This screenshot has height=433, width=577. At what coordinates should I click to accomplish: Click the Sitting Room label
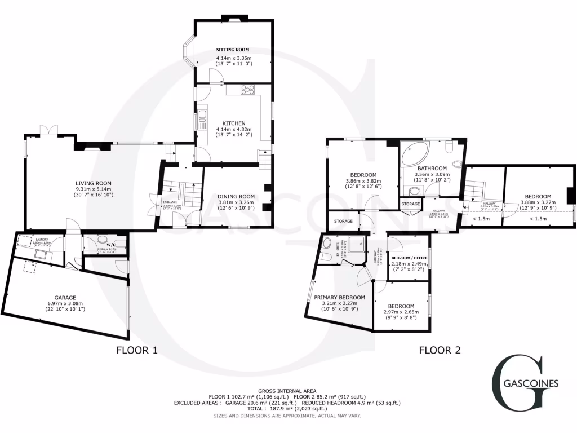tap(233, 50)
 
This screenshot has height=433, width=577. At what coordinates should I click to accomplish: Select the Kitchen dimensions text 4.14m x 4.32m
tap(234, 129)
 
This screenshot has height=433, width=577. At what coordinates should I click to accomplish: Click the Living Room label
tap(94, 183)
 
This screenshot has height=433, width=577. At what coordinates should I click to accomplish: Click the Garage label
tap(65, 297)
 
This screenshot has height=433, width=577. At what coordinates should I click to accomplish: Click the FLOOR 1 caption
tap(136, 350)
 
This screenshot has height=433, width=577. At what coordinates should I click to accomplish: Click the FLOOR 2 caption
tap(440, 350)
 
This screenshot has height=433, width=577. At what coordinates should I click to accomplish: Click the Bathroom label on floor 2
tap(432, 168)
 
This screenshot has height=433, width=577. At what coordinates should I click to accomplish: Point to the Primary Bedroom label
tap(340, 297)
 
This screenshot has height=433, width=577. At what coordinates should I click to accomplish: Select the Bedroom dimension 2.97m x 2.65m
tap(399, 311)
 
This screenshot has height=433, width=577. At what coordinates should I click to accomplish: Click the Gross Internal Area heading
tap(287, 391)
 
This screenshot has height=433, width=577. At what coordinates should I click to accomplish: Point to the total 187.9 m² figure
tap(287, 409)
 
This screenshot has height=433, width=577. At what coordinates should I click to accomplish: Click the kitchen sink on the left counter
tap(201, 119)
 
